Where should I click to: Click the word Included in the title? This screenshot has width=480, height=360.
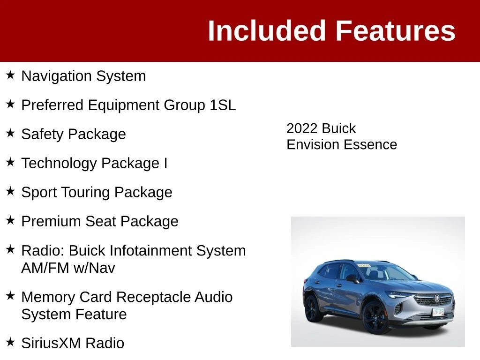coord(266,30)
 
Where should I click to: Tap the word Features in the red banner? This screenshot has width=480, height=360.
coord(396,30)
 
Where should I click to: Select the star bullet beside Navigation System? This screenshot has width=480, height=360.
coord(10,75)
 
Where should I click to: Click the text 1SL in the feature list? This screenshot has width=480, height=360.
coord(223,105)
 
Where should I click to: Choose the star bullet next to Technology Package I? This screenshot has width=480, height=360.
coord(10,162)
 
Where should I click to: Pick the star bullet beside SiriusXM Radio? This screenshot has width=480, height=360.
coord(10,342)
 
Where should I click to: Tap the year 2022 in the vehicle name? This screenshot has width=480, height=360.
coord(302,128)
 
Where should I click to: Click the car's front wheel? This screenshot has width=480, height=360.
coord(375,318)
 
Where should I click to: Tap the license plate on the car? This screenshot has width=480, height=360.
coord(438,312)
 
